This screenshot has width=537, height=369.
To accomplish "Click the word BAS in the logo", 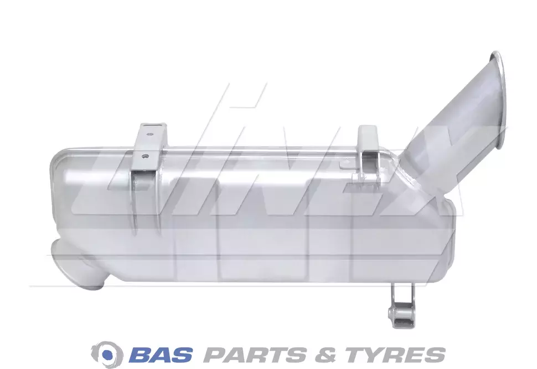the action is pyautogui.click(x=162, y=354).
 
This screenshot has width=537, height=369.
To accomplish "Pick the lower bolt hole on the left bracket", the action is pyautogui.click(x=145, y=156).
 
